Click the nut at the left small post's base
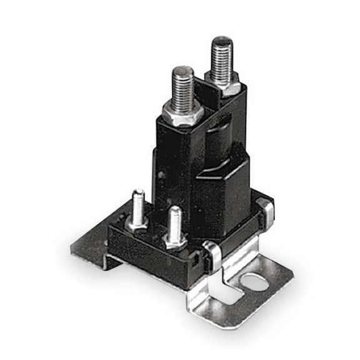point(137,222)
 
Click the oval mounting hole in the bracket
point(256,282)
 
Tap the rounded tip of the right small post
point(175,211)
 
